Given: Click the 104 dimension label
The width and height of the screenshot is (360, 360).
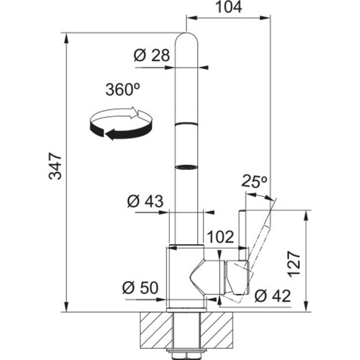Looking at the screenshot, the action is [x=229, y=7].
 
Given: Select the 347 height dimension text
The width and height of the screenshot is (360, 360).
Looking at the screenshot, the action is [x=55, y=166].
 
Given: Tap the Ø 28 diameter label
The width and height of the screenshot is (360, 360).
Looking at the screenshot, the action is [x=151, y=55].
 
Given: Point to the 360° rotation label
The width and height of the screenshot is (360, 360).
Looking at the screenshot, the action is [x=123, y=89].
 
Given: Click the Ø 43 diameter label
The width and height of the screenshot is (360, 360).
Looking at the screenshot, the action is [x=145, y=201].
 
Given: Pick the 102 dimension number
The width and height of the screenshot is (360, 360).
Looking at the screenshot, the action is [x=221, y=237].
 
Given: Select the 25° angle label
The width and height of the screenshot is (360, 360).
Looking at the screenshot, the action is [x=254, y=181].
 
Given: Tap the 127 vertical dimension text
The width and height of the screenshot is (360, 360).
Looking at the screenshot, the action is [x=294, y=264].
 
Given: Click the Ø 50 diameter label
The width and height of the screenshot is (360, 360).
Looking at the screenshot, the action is [x=140, y=287].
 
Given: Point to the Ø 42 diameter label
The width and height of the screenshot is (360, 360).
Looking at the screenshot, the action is [x=272, y=295].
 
